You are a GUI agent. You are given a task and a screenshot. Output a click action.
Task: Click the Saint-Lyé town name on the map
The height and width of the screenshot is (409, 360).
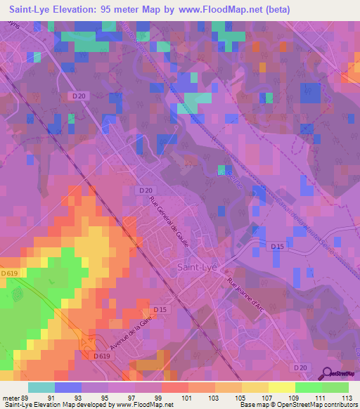pos(197,267)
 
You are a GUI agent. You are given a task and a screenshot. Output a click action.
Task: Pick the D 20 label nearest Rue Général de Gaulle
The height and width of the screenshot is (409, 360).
pos(146,190)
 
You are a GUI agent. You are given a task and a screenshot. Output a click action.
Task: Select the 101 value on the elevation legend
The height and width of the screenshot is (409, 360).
pos(187,397)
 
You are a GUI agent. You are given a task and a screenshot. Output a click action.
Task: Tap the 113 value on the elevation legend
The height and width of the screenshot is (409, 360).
pos(347,397)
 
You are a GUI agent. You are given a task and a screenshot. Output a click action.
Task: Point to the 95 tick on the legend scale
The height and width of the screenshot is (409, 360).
pos(108,397)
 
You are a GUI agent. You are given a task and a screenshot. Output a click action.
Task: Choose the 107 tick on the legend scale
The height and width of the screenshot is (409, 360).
pos(266,397)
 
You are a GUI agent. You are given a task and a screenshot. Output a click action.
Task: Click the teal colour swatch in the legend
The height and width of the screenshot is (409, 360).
pos(41,387)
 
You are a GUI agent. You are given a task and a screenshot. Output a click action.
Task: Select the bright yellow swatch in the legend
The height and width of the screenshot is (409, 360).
pos(281,387)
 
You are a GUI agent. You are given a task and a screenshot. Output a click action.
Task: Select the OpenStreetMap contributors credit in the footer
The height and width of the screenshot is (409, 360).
pos(323,405)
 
